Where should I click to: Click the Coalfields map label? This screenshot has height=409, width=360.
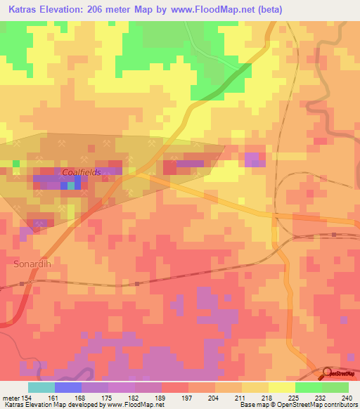(x=82, y=171)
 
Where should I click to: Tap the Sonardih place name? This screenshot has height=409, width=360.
(x=32, y=264)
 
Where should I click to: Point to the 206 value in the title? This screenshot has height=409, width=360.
(x=112, y=9)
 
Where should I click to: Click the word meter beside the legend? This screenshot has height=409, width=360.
(x=10, y=398)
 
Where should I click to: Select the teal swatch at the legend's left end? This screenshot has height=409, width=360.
(x=41, y=387)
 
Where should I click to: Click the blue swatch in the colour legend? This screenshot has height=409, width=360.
(x=67, y=387)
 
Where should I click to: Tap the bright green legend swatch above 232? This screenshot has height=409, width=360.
(x=308, y=387)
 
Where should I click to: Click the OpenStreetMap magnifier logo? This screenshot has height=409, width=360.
(x=328, y=372)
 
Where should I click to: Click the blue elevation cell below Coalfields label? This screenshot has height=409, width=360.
(x=63, y=186)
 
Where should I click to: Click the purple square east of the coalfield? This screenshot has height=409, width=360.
(x=252, y=160)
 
